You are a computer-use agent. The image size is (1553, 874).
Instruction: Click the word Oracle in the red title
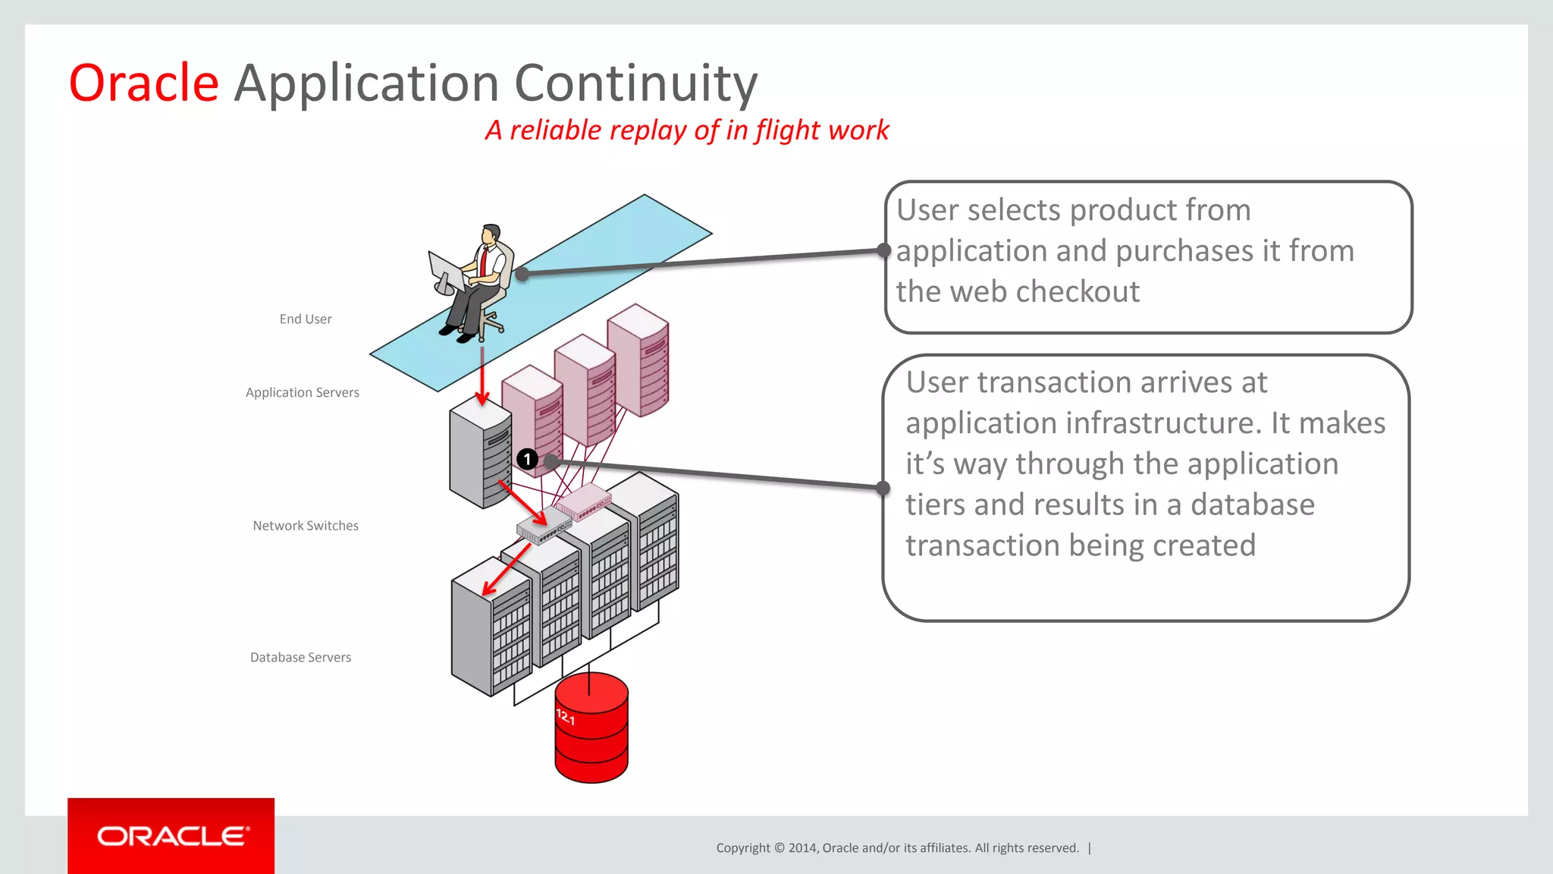pos(144,83)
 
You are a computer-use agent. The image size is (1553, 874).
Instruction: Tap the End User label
pos(305,319)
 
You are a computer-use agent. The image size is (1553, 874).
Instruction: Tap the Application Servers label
pos(302,392)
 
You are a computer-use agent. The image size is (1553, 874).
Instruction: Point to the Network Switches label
pos(305,526)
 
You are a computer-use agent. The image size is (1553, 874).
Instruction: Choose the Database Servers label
pos(300,658)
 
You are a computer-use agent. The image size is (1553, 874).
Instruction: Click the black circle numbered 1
pos(527,459)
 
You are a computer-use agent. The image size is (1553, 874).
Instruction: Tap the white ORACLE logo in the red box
pos(172,836)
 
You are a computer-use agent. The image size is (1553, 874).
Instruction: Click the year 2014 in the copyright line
pos(802,848)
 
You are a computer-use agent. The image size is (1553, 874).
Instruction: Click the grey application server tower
pos(479,455)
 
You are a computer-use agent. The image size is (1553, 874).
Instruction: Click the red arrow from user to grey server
pos(482,376)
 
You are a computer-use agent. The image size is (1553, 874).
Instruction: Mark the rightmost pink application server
pos(638,360)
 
